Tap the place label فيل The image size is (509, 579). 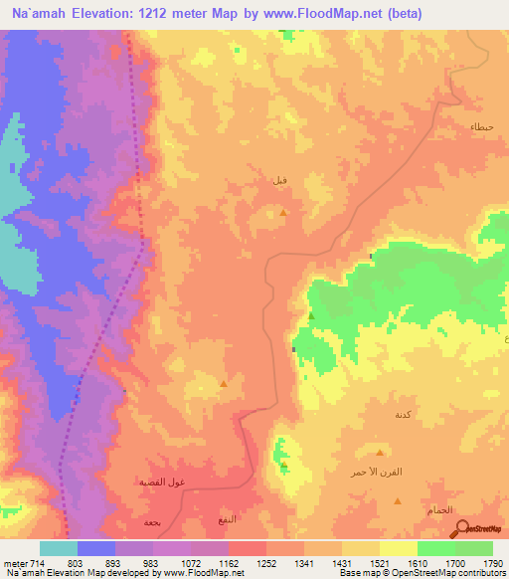tap(281, 181)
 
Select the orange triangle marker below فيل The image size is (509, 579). tap(283, 213)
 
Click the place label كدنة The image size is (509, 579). tap(404, 414)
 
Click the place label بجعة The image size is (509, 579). tap(151, 522)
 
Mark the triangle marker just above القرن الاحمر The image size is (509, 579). tap(380, 451)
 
